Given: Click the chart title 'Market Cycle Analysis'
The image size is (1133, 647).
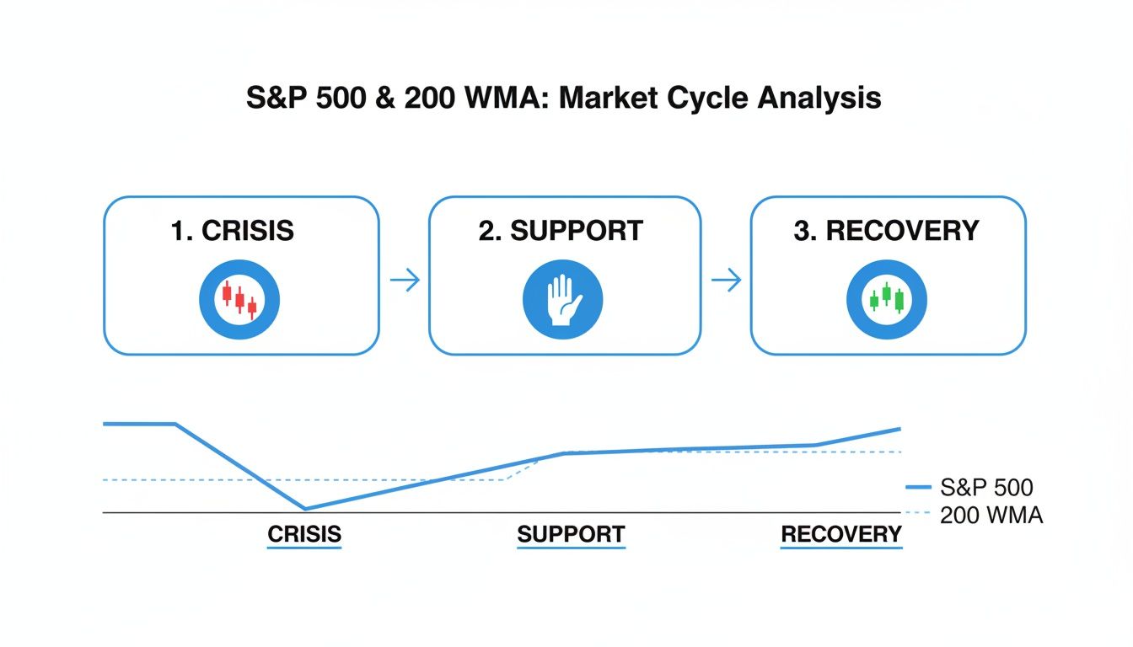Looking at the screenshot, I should (720, 99).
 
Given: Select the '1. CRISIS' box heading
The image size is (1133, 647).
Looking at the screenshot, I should (233, 230).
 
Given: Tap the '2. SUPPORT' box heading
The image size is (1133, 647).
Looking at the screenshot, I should (561, 230).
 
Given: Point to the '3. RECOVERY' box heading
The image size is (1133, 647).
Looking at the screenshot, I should (886, 230).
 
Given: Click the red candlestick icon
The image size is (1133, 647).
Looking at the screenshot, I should (239, 300).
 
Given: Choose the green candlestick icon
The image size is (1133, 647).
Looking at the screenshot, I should (887, 300).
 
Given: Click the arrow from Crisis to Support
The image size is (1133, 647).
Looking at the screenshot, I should (405, 281).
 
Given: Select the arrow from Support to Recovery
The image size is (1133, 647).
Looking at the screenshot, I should (726, 280).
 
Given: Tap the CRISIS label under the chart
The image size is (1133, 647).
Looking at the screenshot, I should (304, 534).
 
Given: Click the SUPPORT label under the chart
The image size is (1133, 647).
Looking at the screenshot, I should (571, 534).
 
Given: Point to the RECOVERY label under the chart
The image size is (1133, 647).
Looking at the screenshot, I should (841, 534).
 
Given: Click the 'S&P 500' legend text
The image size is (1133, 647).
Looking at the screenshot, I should (985, 487).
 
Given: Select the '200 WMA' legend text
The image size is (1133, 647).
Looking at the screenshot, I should (991, 515).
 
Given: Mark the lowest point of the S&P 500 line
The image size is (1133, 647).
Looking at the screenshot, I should (305, 508).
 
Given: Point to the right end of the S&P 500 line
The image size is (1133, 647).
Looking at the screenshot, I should (899, 429).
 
